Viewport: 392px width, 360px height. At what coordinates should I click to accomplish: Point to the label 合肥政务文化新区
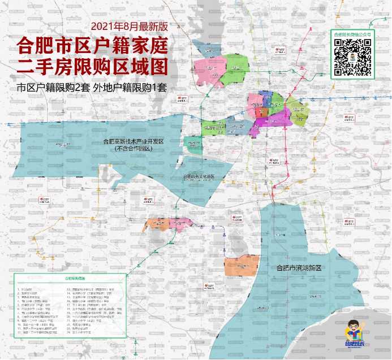tap(200, 177)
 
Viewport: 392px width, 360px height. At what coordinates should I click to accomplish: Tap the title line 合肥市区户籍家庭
tap(93, 45)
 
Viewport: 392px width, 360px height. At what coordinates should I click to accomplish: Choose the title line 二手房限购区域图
tap(93, 66)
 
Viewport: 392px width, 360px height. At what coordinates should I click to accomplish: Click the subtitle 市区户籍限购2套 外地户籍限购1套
tap(93, 88)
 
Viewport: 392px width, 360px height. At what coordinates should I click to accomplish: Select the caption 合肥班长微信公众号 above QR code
tap(352, 34)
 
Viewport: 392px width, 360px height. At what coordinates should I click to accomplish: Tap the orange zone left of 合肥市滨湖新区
tap(242, 264)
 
